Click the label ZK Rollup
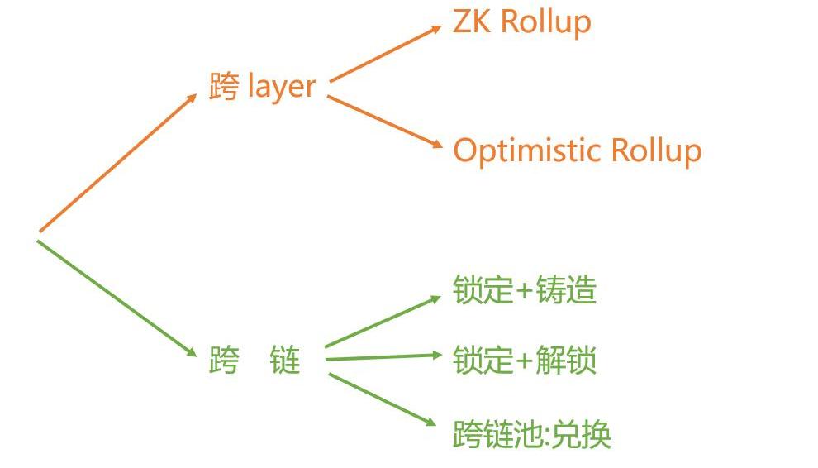pyautogui.click(x=521, y=22)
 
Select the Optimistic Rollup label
pyautogui.click(x=577, y=150)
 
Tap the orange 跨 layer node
pyautogui.click(x=263, y=86)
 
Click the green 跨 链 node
pyautogui.click(x=254, y=361)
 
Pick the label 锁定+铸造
pyautogui.click(x=525, y=290)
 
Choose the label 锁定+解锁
pyautogui.click(x=525, y=361)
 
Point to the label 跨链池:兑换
pyautogui.click(x=531, y=433)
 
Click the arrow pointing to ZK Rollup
pyautogui.click(x=386, y=53)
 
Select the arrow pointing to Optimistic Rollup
pyautogui.click(x=386, y=122)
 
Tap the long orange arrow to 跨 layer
pyautogui.click(x=117, y=162)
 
